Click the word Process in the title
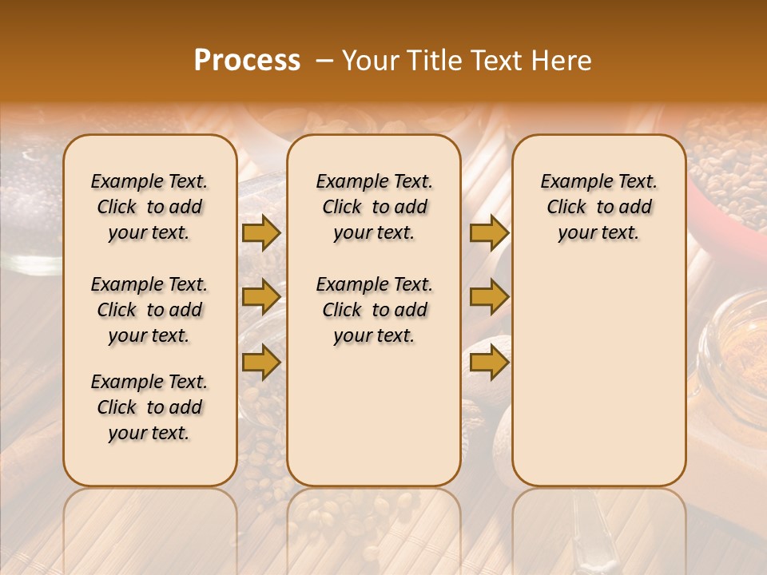(x=247, y=61)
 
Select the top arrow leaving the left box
(x=261, y=232)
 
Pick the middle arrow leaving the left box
(x=261, y=297)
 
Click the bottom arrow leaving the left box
(x=261, y=363)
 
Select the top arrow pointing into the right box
(x=489, y=232)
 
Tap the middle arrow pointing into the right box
(x=489, y=297)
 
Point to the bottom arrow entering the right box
(x=489, y=363)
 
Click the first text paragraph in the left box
(x=149, y=207)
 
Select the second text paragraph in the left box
(x=149, y=310)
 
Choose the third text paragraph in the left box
(x=149, y=407)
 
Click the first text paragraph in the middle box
(x=374, y=207)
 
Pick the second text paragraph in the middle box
(x=374, y=310)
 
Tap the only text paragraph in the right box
(x=598, y=207)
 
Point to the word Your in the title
(x=370, y=61)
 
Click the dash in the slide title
(x=324, y=61)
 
